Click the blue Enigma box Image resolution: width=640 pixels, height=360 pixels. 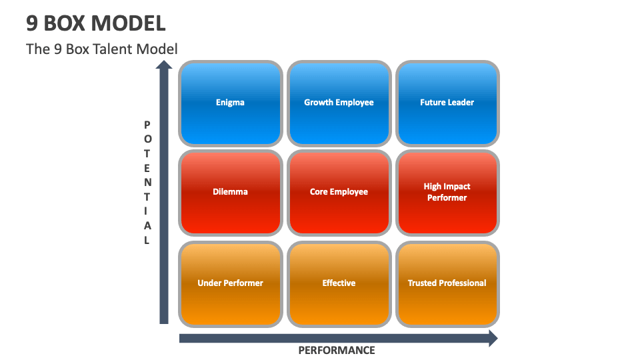point(230,103)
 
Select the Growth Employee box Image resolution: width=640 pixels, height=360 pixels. point(339,103)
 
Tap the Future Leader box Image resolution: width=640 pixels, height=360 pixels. point(447,103)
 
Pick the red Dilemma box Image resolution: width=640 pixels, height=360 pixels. point(230,192)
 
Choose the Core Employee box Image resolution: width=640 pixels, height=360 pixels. point(339,192)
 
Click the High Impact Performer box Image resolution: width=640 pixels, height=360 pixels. point(447,192)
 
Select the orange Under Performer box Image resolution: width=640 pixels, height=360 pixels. point(230,283)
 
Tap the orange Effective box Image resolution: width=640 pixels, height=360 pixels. point(339,283)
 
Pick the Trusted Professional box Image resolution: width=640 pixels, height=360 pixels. point(447,283)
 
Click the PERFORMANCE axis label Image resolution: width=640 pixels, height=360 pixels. point(336,351)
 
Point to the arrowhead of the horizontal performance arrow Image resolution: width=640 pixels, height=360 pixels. point(493,338)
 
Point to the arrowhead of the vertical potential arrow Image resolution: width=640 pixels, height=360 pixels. point(164,65)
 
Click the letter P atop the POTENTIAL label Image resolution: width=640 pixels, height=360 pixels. point(147,125)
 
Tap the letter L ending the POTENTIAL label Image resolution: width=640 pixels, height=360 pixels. point(147,241)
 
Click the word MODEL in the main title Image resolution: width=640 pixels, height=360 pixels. point(129,23)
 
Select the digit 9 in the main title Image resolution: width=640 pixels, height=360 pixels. point(32,23)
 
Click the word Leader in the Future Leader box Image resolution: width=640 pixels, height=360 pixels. point(461,103)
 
